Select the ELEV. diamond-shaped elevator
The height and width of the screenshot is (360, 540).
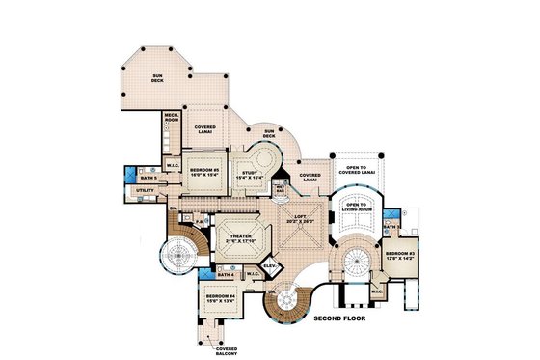268,265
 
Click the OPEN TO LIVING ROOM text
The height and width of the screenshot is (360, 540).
359,207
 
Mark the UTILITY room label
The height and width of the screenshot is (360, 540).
146,191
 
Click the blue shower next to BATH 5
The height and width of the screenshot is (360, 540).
129,175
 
